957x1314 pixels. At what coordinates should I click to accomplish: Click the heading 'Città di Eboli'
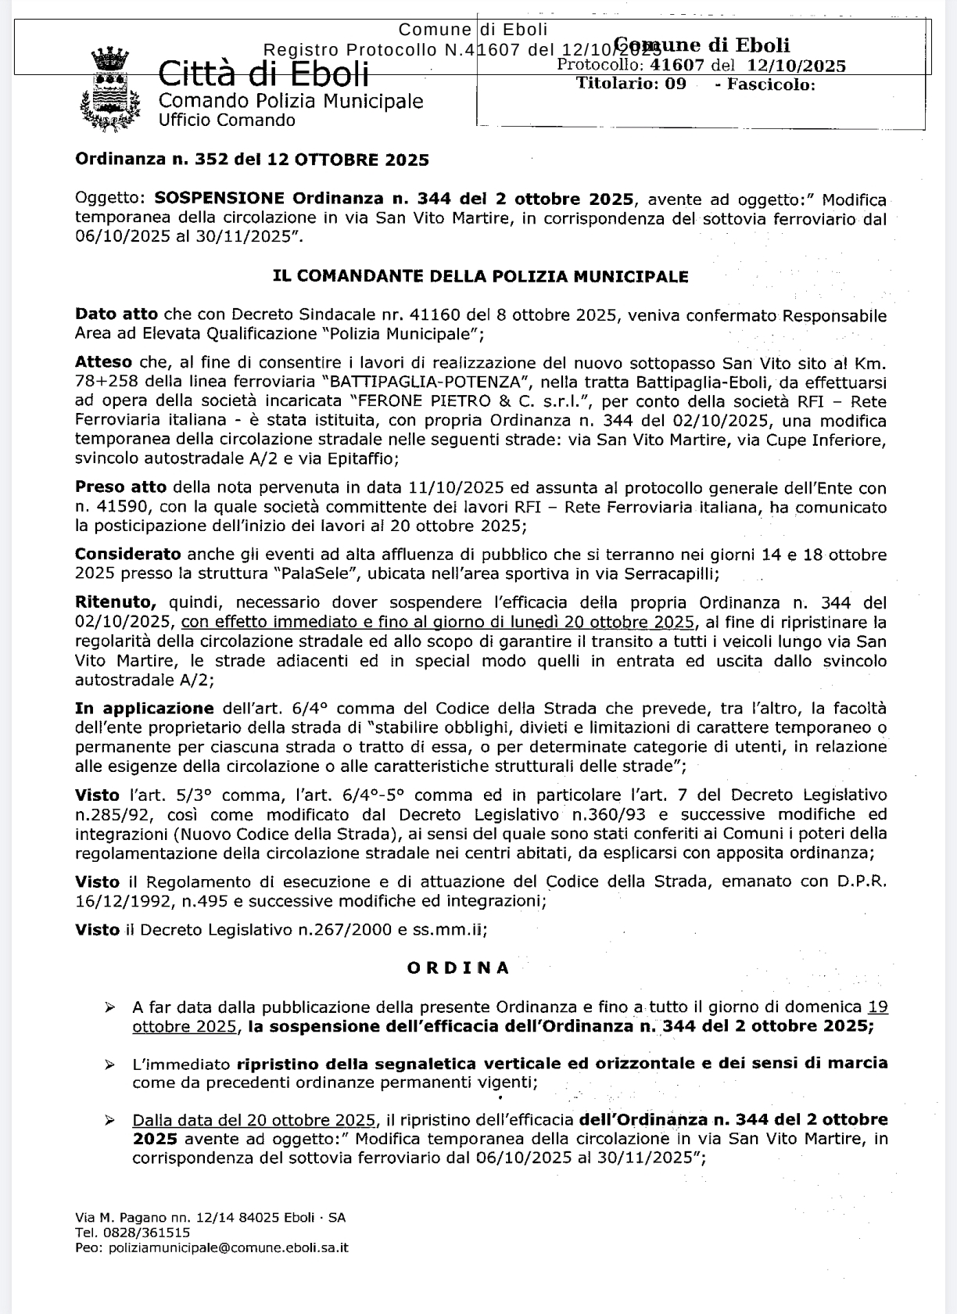263,74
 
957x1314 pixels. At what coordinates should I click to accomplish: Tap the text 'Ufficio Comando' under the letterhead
227,120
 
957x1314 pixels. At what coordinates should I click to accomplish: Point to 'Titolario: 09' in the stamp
631,84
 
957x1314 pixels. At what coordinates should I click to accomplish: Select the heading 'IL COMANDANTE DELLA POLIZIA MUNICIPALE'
480,276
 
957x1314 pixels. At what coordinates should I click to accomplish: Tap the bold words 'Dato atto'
116,315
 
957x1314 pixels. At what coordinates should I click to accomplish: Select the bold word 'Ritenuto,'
116,603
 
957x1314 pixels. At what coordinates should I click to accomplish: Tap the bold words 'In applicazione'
144,709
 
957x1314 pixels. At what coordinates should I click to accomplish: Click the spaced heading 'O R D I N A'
459,968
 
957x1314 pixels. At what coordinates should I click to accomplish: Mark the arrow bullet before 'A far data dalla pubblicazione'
110,1007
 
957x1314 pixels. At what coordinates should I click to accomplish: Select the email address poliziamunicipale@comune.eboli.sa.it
228,1248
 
